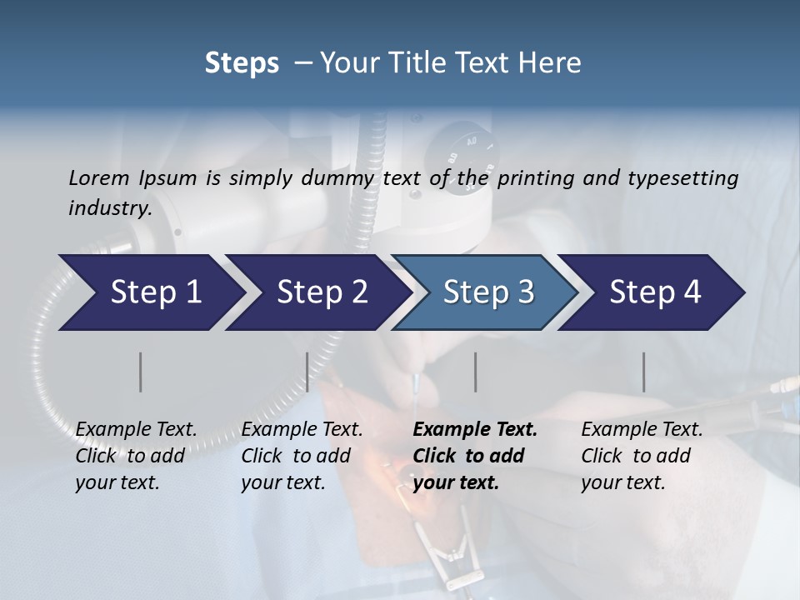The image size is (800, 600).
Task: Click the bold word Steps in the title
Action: click(x=242, y=63)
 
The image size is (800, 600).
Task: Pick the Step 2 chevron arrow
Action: click(x=317, y=292)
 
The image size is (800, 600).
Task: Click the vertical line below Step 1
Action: click(x=141, y=372)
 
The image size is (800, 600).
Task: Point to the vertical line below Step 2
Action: click(x=307, y=372)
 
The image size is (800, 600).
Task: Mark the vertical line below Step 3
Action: click(x=475, y=372)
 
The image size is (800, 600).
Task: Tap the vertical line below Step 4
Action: click(x=644, y=372)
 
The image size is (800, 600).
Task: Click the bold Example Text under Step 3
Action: click(x=475, y=429)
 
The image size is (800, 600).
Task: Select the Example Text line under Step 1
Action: click(x=136, y=429)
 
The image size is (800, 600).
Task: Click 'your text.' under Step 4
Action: click(x=623, y=482)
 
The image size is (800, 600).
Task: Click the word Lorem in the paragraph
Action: click(x=99, y=177)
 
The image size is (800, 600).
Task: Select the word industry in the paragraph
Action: click(x=108, y=207)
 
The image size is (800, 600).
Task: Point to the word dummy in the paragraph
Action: click(x=348, y=177)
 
